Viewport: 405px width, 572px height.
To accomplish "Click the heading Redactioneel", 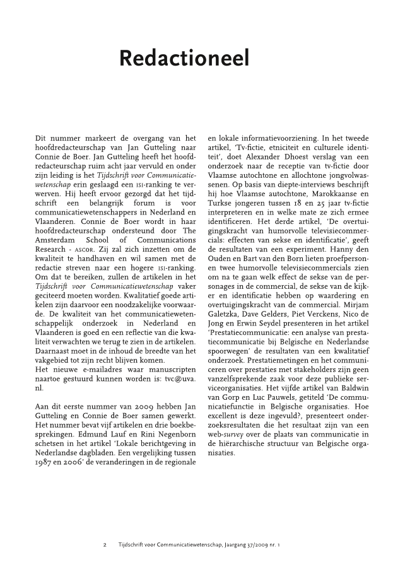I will click(184, 59).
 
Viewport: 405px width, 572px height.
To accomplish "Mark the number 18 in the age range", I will click(312, 208).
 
